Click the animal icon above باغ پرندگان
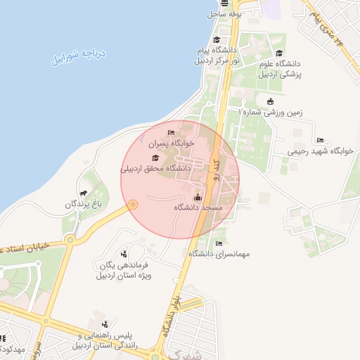pyautogui.click(x=84, y=193)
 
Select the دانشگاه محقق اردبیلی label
pyautogui.click(x=156, y=168)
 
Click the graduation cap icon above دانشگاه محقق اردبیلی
pyautogui.click(x=155, y=157)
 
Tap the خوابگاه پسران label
pyautogui.click(x=172, y=143)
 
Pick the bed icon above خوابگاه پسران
pyautogui.click(x=170, y=133)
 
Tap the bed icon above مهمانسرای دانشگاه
pyautogui.click(x=219, y=243)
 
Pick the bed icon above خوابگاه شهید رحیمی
pyautogui.click(x=321, y=140)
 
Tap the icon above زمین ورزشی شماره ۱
pyautogui.click(x=270, y=101)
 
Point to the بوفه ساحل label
pyautogui.click(x=224, y=13)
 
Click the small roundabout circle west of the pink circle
pyautogui.click(x=132, y=205)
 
